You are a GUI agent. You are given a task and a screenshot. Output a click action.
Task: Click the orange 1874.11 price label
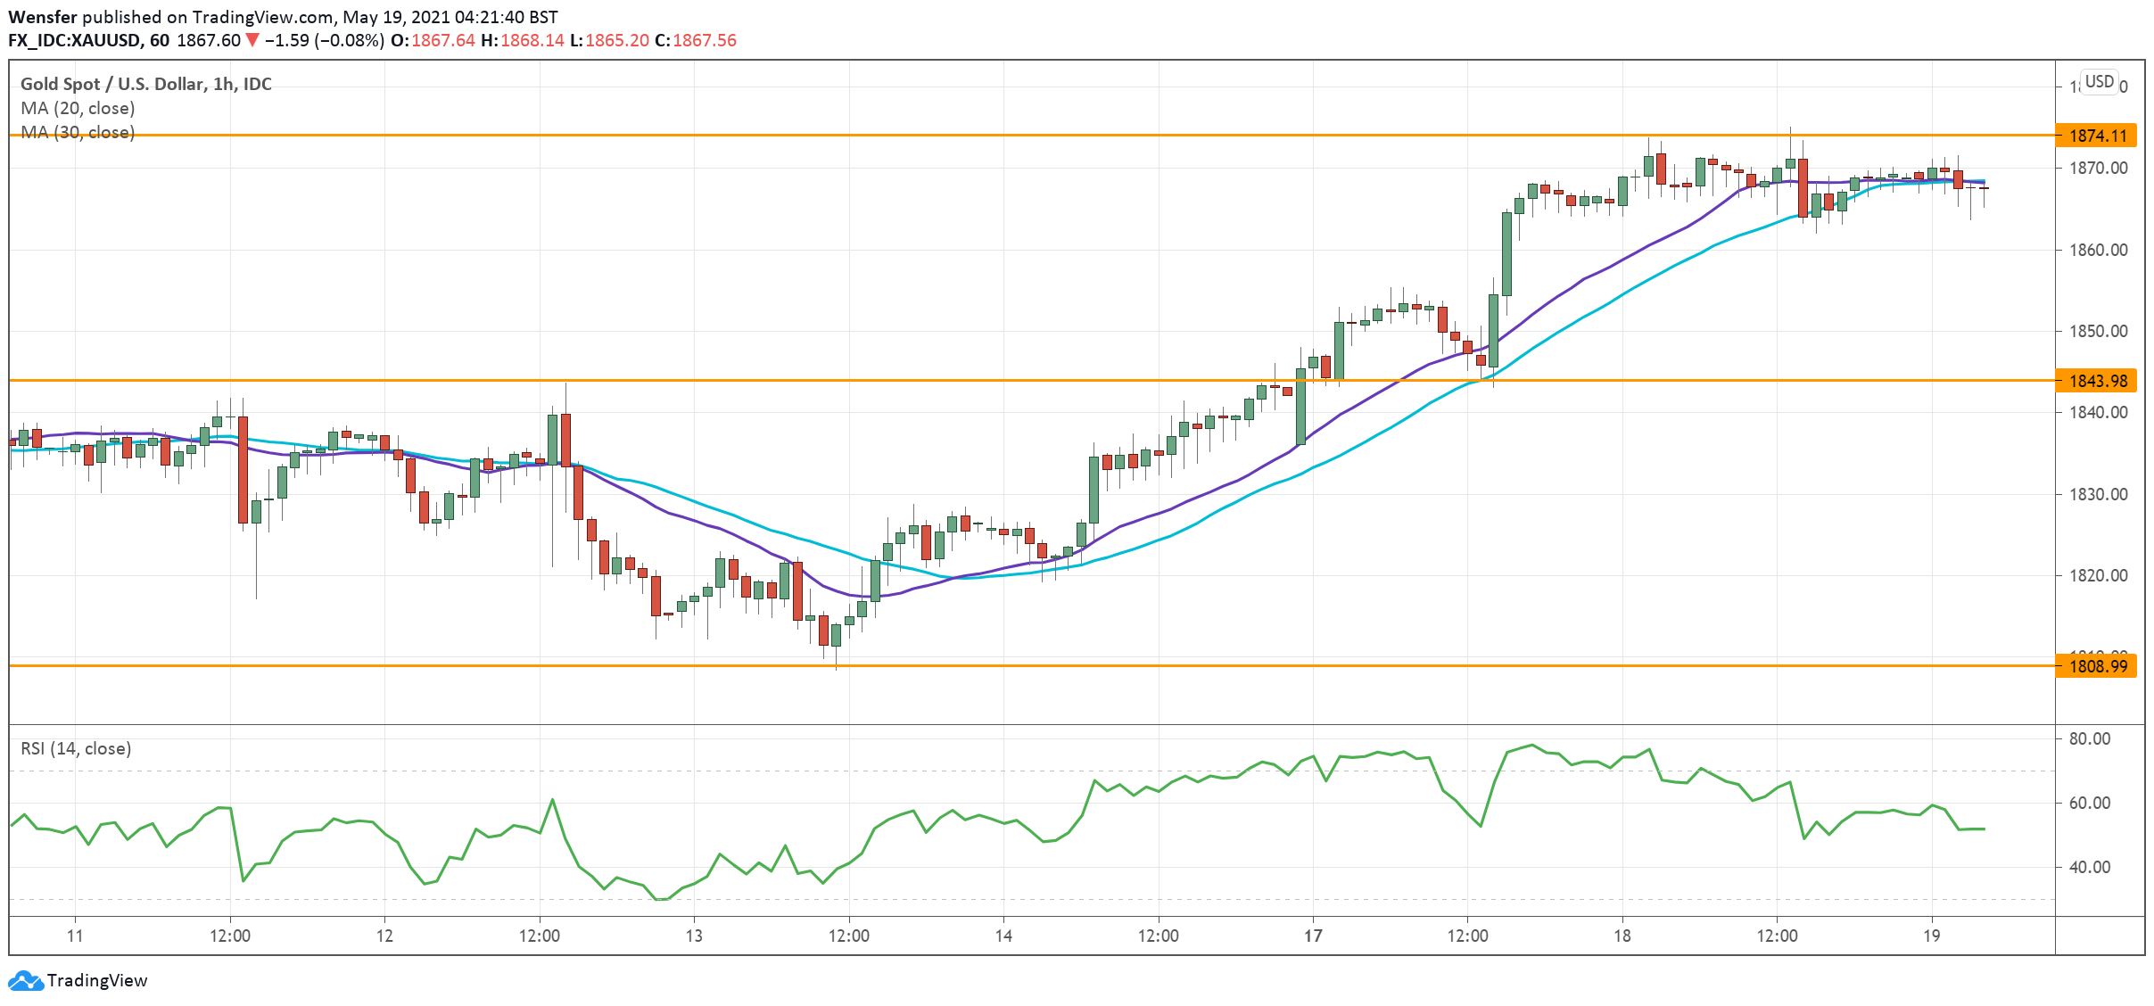tap(2096, 136)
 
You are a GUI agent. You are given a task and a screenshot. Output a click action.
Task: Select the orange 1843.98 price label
tap(2096, 381)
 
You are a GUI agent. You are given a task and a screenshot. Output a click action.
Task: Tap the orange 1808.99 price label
tap(2096, 666)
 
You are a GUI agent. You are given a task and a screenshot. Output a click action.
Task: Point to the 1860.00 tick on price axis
tap(2098, 250)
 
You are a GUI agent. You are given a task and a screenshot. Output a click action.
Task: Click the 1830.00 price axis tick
tap(2098, 494)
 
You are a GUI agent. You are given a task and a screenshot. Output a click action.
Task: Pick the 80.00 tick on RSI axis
tap(2089, 738)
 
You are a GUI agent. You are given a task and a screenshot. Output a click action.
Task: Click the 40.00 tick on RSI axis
tap(2089, 867)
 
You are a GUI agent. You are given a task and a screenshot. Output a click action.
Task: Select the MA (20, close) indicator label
tap(78, 108)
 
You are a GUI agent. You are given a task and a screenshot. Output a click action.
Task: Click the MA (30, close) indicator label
tap(78, 132)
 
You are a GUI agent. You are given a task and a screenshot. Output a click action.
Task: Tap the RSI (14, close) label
tap(76, 748)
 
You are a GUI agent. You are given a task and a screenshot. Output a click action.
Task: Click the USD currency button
tap(2099, 82)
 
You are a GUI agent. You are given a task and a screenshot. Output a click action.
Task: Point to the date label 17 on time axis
tap(1313, 936)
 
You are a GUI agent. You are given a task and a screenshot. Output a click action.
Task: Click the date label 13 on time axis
tap(694, 936)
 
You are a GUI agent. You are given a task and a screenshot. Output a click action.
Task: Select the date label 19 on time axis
tap(1931, 936)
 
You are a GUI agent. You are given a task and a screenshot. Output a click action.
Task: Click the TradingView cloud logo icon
tap(25, 980)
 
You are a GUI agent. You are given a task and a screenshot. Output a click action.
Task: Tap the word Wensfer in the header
tap(42, 17)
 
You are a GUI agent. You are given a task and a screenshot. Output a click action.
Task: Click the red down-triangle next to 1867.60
tap(252, 40)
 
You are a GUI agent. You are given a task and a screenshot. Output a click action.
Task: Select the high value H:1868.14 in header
tap(523, 40)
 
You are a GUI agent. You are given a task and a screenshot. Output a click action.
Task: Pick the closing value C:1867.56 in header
tap(696, 40)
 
